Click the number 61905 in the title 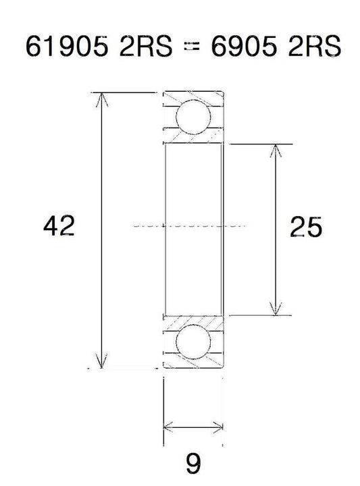(67, 46)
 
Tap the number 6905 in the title (244, 46)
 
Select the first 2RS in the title (146, 46)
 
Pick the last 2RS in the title (315, 46)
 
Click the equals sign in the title (191, 47)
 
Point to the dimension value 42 (59, 226)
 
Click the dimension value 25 (306, 227)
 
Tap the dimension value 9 (193, 463)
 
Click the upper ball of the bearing (193, 117)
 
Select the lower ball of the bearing (193, 342)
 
